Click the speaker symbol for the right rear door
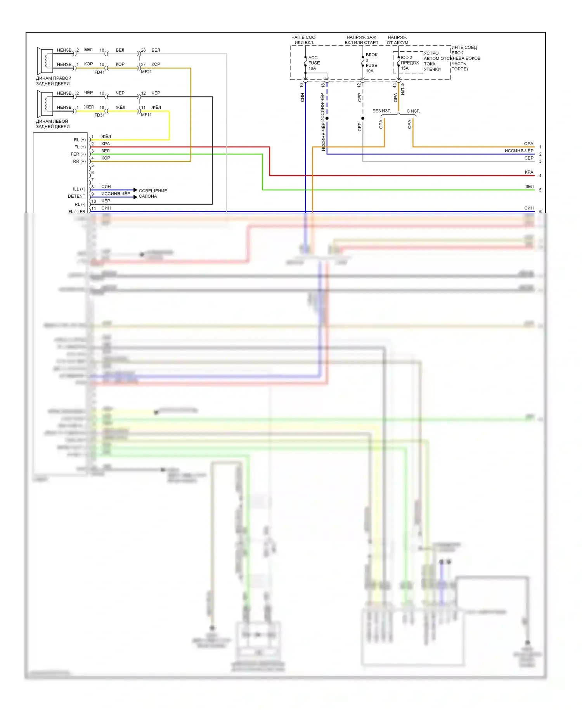click(x=45, y=61)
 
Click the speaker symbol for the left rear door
click(x=45, y=104)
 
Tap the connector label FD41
click(x=99, y=72)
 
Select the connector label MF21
click(x=146, y=72)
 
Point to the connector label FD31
click(x=99, y=115)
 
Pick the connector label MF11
click(x=146, y=115)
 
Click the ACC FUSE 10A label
click(x=314, y=63)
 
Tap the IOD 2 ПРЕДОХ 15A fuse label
click(x=409, y=63)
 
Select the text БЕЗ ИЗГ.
click(x=381, y=111)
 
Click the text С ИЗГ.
click(x=413, y=111)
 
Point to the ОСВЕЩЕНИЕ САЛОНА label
click(x=153, y=193)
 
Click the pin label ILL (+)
click(x=79, y=189)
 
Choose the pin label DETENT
click(x=76, y=197)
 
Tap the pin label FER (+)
click(x=78, y=154)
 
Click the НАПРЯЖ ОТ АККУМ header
click(x=397, y=40)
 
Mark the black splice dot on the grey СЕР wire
click(x=363, y=118)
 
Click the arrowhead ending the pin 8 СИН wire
click(x=135, y=190)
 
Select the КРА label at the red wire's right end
click(x=529, y=172)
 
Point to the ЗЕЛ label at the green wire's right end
click(x=529, y=186)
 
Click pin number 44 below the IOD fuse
click(x=395, y=85)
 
